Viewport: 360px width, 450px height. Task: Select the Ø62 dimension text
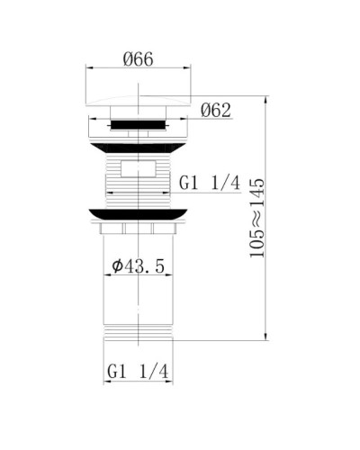tap(217, 112)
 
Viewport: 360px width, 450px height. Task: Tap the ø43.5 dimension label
tap(139, 267)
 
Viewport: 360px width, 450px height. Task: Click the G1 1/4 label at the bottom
tap(139, 370)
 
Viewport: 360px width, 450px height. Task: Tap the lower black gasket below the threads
tap(141, 214)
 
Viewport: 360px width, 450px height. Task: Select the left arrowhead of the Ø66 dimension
tap(88, 68)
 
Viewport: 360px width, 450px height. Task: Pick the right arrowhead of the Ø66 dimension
tap(194, 68)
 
